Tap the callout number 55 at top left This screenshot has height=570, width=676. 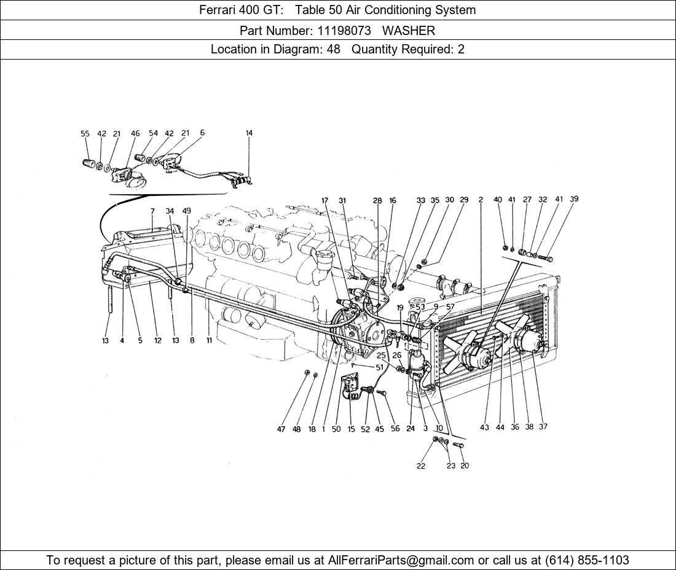85,133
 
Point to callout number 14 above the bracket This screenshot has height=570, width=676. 249,133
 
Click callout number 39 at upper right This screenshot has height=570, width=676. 574,199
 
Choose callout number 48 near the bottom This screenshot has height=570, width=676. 296,429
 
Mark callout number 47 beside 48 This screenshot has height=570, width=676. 281,429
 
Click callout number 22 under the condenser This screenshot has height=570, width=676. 420,466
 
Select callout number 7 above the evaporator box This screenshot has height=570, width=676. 152,211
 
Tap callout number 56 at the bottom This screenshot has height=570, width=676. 395,429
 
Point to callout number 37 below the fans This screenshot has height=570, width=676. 543,427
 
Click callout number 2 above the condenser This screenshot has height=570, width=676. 481,200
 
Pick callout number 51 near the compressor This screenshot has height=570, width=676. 379,367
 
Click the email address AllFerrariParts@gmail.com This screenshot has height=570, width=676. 401,560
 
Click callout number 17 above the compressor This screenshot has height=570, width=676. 324,200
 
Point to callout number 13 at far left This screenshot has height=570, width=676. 106,340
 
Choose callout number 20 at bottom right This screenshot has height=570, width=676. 465,466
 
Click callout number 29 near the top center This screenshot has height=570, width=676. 464,200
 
